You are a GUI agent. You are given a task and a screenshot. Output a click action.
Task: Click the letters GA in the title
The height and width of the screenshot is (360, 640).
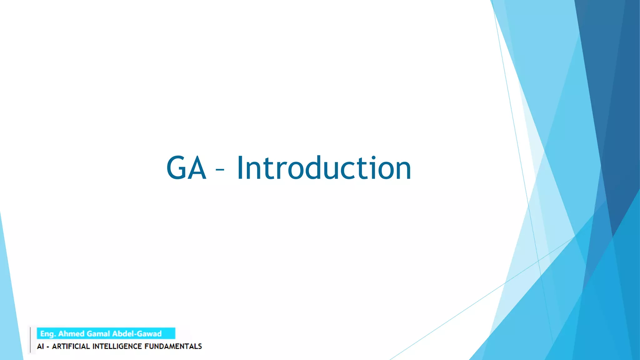[x=187, y=168]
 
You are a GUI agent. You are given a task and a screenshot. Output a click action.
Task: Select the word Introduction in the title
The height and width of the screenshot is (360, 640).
[x=324, y=168]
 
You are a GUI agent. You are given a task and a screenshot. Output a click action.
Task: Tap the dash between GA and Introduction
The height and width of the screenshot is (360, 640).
[x=220, y=170]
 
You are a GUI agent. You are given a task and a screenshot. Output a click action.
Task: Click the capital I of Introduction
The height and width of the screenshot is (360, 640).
[x=240, y=168]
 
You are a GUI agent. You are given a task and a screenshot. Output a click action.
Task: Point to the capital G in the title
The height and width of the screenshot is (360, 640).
[x=177, y=168]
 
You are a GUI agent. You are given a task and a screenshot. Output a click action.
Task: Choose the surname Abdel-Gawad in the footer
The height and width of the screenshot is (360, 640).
[x=137, y=334]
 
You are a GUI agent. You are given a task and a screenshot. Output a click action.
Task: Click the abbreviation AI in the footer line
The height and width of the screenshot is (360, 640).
[x=40, y=346]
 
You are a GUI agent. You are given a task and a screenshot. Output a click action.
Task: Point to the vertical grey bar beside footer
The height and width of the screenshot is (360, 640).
[x=30, y=340]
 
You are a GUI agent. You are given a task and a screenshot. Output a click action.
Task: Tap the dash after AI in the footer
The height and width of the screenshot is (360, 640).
[x=47, y=347]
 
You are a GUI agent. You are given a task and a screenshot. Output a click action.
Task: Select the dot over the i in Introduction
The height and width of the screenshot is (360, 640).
[x=373, y=157]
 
